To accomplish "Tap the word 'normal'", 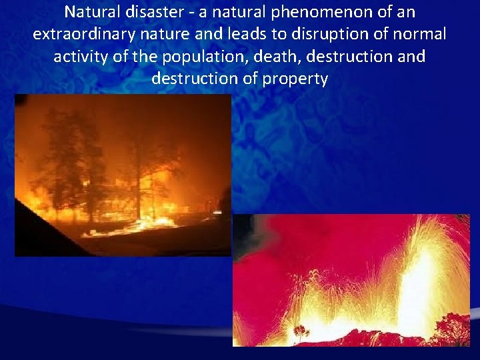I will coord(419,34).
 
